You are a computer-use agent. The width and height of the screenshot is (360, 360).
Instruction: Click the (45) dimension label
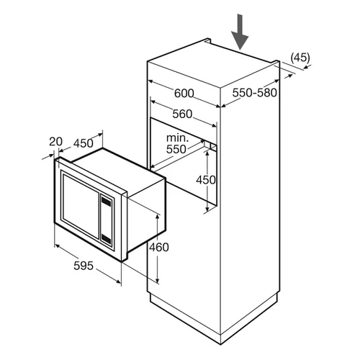tap(300, 58)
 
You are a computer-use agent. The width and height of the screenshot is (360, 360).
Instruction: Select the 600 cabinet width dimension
tap(184, 94)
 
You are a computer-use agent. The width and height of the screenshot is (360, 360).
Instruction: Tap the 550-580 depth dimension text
tap(255, 93)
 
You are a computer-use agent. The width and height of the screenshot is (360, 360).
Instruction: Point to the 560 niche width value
tap(182, 114)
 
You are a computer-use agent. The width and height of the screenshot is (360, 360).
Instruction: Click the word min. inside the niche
tap(177, 138)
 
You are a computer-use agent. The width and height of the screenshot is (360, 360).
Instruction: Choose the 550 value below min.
tap(176, 149)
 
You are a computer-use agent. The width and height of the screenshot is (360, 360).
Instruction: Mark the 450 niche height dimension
tap(206, 180)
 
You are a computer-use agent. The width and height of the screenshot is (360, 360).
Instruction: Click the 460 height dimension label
tap(159, 247)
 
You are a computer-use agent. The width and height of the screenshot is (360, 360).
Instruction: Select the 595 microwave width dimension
tap(84, 266)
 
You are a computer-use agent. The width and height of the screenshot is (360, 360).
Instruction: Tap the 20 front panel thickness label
tap(55, 142)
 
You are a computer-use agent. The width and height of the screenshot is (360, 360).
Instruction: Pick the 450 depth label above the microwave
tap(84, 143)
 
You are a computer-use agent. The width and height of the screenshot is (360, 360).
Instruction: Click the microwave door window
tap(81, 206)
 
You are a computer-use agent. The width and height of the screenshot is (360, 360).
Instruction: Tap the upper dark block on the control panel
tap(106, 201)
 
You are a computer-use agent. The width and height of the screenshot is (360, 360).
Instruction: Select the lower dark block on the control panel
tap(106, 238)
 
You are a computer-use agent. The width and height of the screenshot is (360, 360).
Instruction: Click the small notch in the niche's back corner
tap(210, 147)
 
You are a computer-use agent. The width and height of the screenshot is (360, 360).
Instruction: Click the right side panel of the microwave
tap(146, 215)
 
